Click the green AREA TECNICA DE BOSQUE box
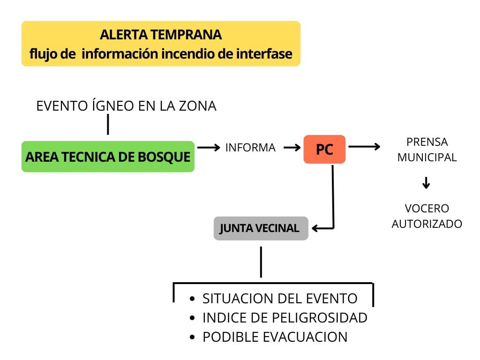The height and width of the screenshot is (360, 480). pos(108,157)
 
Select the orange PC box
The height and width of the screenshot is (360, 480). pos(324,150)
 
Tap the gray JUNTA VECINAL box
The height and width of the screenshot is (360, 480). pos(261,228)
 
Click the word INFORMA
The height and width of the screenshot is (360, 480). pos(250,148)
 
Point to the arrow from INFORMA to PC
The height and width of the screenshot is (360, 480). pos(292,148)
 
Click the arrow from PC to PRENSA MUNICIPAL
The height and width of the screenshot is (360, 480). pos(364,147)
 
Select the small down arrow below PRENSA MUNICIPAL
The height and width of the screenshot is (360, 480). pos(426,183)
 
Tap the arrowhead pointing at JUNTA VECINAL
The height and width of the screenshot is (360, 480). pos(315,228)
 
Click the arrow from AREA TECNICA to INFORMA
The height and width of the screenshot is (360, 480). pos(209,148)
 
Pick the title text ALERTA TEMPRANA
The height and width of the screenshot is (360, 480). pos(161,35)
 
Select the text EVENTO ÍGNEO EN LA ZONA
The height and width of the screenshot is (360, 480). pos(127,106)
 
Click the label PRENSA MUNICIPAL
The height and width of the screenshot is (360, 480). pos(427,150)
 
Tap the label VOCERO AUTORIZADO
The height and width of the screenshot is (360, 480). pos(427,216)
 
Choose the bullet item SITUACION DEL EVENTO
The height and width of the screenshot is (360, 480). pos(280,299)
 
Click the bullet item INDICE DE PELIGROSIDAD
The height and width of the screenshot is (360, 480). pos(285,318)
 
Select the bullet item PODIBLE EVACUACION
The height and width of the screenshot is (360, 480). pos(275,337)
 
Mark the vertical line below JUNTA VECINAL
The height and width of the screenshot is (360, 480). pos(261,262)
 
